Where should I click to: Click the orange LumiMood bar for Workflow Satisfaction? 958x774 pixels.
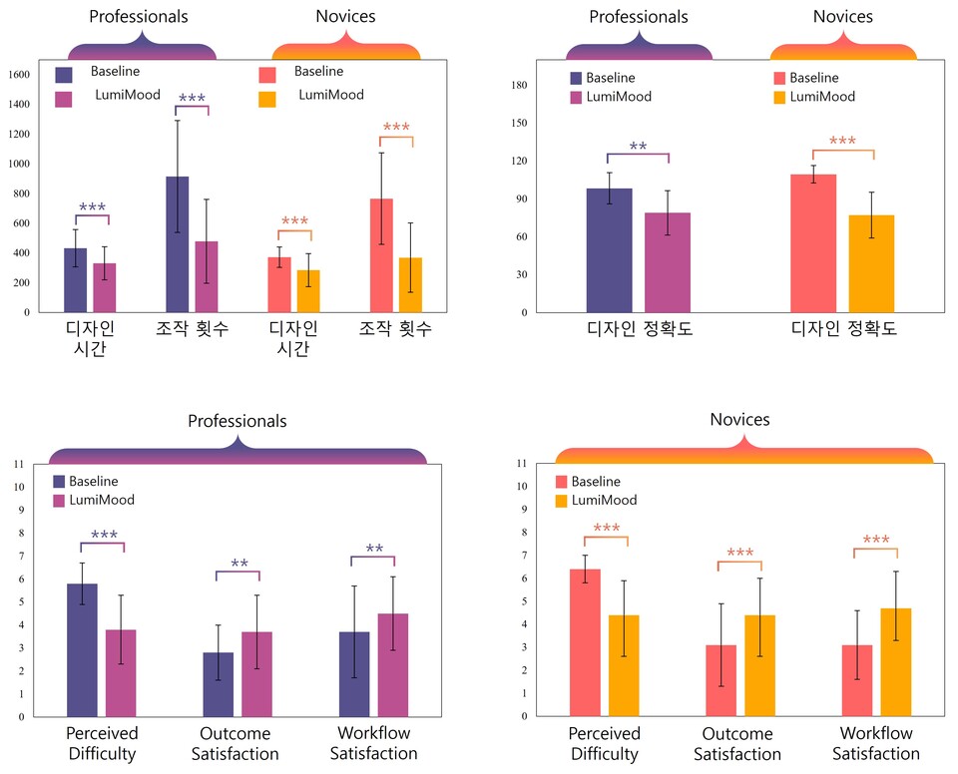896,662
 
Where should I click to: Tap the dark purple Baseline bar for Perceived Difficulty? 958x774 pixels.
83,650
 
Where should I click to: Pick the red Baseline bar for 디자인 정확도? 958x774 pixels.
813,243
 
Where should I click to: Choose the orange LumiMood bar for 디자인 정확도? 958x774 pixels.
871,263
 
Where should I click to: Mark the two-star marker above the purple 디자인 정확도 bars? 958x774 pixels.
638,148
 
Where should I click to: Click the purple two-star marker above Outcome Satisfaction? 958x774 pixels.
239,565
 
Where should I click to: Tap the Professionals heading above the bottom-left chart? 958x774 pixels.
238,421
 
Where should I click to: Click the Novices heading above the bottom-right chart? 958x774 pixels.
739,420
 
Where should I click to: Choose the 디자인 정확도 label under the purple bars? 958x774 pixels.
639,328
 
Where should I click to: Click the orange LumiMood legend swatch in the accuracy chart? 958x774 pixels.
777,97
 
